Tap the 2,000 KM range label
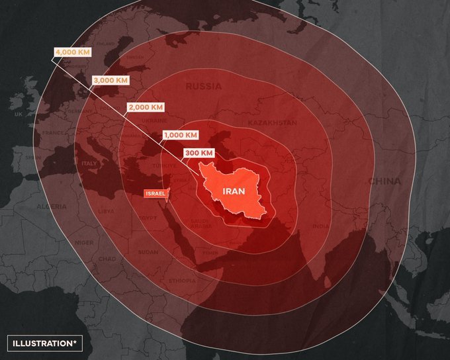pos(145,107)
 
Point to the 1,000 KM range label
pos(180,134)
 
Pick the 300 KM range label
pos(199,153)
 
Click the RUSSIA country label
pos(204,87)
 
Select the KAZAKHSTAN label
pos(272,124)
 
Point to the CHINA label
pos(384,181)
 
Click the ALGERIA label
pos(52,206)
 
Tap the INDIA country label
pos(320,226)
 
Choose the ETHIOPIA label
pos(182,281)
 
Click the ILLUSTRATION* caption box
pos(42,343)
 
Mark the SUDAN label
pos(148,252)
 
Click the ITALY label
pos(89,163)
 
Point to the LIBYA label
pos(106,212)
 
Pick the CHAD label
pos(107,259)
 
